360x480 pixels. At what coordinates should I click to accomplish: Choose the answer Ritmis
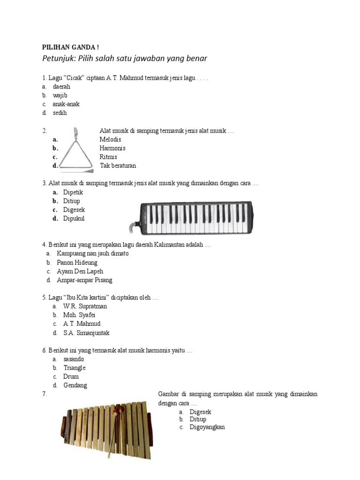[108, 157]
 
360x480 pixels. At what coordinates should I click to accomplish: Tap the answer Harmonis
[112, 148]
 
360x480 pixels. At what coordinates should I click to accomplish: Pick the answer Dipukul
[74, 218]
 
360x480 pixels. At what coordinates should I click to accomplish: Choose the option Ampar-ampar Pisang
[84, 280]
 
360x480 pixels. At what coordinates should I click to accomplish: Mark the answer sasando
[74, 359]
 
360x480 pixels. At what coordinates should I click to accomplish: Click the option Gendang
[75, 385]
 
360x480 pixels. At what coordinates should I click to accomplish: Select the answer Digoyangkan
[207, 427]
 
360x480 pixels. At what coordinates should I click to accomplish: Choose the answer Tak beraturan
[118, 165]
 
